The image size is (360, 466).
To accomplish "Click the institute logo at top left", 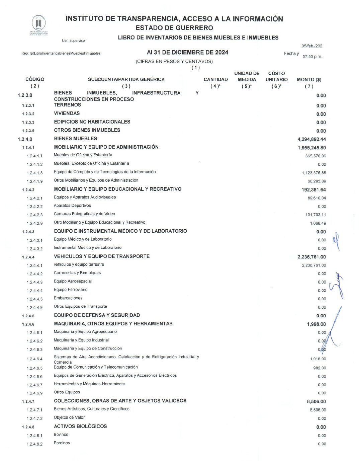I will [38, 24].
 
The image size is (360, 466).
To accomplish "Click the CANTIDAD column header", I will [215, 80].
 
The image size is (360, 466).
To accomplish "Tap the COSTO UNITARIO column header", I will [276, 77].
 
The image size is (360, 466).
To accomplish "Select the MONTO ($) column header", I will [309, 80].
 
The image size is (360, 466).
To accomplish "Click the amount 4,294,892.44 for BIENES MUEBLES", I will [311, 139].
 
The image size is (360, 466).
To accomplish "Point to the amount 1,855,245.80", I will [311, 148].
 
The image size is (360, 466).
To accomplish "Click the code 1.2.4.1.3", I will [34, 173].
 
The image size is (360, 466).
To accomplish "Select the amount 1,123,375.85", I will [313, 173].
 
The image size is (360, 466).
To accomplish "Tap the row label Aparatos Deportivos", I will [72, 206].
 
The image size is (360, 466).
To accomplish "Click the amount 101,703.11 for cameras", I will [316, 215].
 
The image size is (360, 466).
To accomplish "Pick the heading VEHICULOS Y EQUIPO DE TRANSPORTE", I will [102, 256].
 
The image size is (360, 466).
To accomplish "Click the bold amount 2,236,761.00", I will [311, 257].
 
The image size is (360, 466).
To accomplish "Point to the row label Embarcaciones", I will [68, 298].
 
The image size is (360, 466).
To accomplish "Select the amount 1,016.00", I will [318, 359].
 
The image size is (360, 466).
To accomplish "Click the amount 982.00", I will [320, 368].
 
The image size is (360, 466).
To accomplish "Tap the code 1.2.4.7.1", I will [34, 410].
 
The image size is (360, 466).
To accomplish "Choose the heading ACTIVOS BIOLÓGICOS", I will [80, 426].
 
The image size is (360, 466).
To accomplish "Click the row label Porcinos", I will [62, 443].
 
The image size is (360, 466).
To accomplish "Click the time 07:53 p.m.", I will [312, 57].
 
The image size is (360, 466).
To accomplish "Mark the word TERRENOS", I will [67, 105].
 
